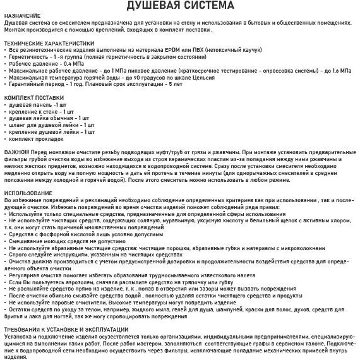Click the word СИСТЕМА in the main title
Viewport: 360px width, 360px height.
[x=213, y=6]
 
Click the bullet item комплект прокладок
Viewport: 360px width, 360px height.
[x=39, y=139]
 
